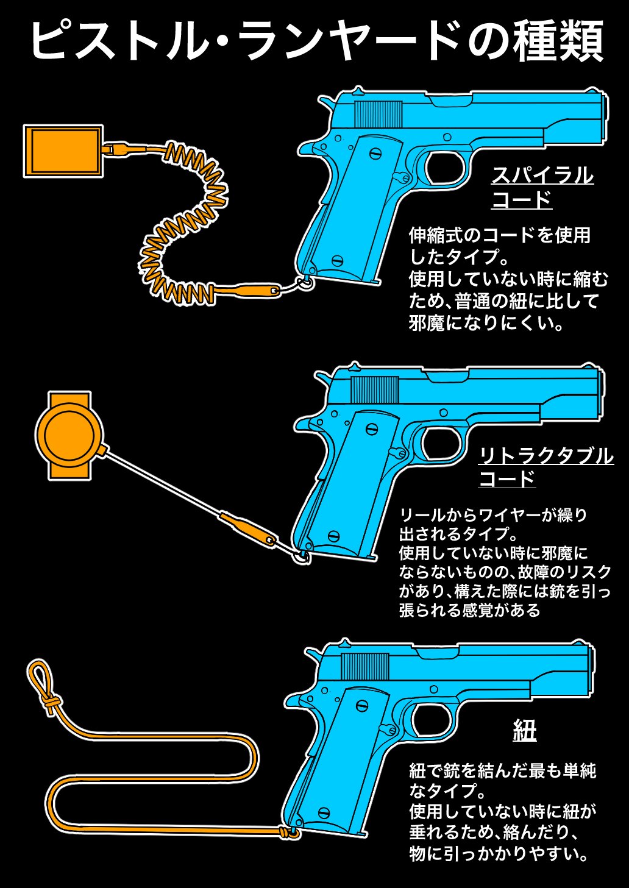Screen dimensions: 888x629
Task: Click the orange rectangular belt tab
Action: tap(62, 151)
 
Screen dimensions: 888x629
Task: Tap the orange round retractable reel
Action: tap(67, 435)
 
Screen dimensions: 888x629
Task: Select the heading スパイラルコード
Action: tap(542, 187)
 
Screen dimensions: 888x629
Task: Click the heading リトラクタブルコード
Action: tap(545, 466)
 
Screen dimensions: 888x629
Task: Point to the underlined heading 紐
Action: tap(524, 730)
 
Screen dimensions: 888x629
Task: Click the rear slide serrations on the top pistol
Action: tap(378, 114)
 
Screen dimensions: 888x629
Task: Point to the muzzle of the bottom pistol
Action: tap(590, 670)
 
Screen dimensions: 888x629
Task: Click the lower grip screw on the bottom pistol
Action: tap(324, 812)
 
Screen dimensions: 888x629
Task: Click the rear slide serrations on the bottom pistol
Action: tap(364, 666)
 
